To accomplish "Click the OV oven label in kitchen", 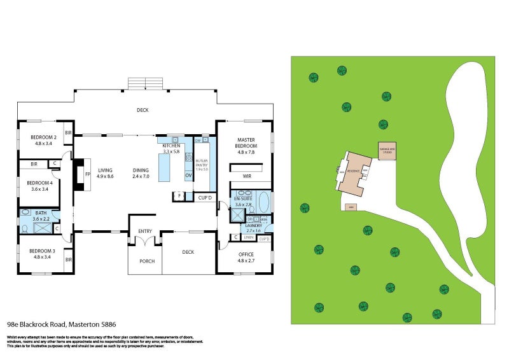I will pos(188,175).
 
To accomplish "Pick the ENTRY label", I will pos(145,232).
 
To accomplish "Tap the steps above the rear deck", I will pos(146,83).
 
